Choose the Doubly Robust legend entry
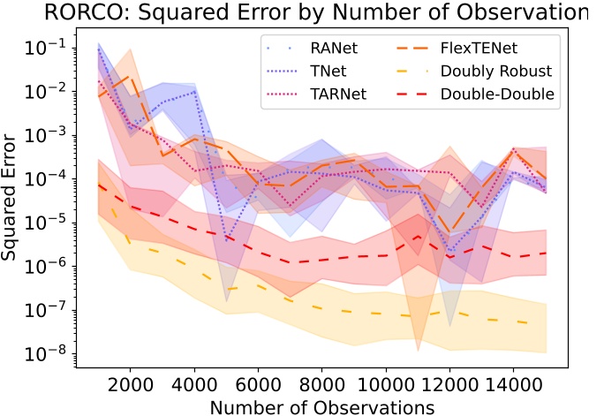coord(498,72)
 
